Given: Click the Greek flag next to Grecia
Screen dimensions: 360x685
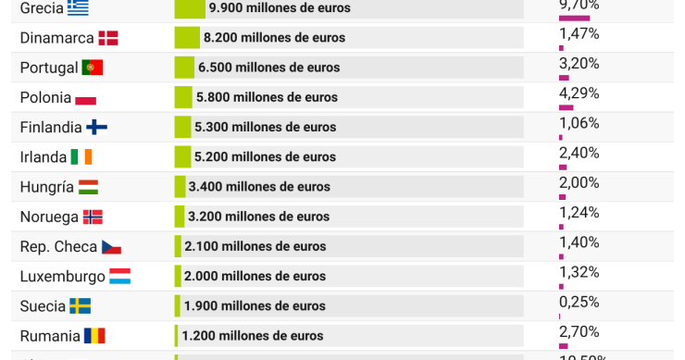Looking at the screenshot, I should (78, 8).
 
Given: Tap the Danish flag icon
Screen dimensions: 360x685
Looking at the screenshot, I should (108, 38).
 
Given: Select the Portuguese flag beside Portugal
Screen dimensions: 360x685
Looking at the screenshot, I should (93, 68).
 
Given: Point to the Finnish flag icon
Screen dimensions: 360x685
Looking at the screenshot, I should (97, 127).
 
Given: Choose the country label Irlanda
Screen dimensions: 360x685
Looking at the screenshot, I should (44, 156).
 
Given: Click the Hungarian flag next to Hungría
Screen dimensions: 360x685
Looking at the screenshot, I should (89, 187).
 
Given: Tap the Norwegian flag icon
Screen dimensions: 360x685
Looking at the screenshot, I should (93, 217).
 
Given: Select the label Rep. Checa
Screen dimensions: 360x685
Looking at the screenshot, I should (57, 246).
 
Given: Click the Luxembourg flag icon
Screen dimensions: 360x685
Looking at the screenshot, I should (119, 276).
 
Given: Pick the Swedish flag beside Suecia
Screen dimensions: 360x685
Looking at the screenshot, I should (81, 305).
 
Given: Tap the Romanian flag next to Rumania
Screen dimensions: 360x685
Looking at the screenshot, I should (94, 335).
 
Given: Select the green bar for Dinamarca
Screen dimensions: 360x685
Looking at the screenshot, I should (187, 38).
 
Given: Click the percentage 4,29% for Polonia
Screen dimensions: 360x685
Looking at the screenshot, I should (579, 93).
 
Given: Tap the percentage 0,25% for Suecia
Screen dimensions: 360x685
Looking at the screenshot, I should (579, 302).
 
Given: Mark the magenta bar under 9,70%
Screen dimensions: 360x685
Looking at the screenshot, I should (574, 18).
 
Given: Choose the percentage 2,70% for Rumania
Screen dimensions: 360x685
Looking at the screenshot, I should (579, 331).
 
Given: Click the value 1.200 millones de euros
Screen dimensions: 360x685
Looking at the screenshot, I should (253, 335).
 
